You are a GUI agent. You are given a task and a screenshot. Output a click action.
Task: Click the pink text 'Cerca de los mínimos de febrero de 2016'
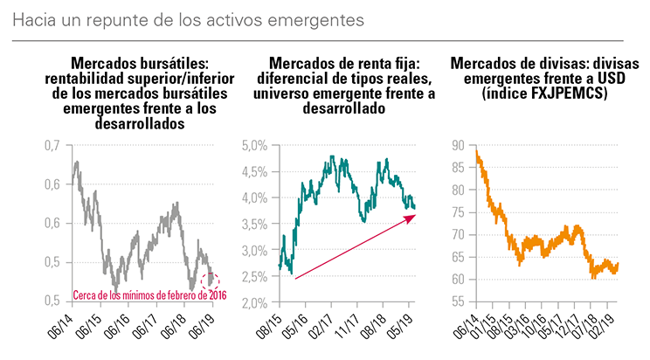click(148, 295)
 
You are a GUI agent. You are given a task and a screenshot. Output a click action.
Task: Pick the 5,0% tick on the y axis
click(252, 144)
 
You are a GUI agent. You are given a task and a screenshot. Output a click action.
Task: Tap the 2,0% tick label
click(252, 303)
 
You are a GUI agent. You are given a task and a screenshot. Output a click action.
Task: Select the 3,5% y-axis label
click(252, 224)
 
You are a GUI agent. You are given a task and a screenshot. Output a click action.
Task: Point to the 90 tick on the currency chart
click(456, 144)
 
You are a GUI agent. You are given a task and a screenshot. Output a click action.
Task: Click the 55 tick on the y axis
click(456, 303)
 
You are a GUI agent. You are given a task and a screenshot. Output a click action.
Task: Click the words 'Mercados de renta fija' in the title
click(338, 63)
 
